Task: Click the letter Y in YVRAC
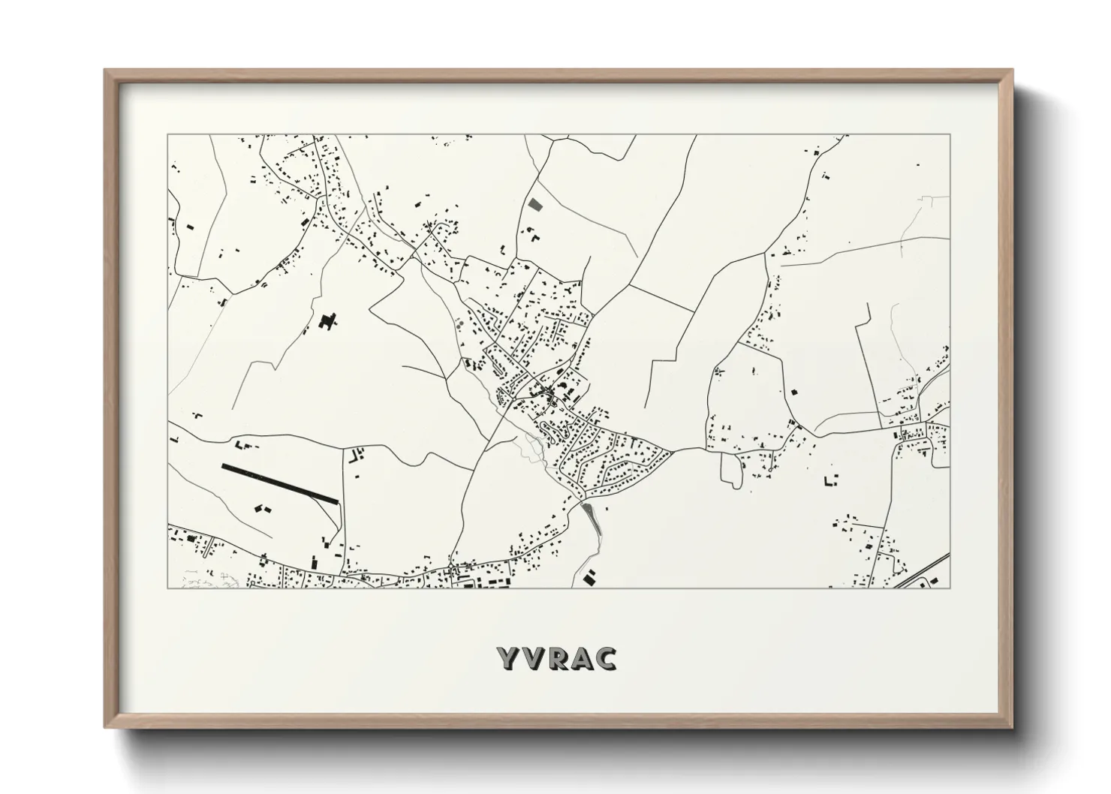coord(507,658)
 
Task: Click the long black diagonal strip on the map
coord(281,484)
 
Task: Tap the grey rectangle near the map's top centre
coord(534,203)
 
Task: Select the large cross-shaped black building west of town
coord(326,322)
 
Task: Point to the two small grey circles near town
coord(459,324)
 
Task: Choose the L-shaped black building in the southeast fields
coord(830,480)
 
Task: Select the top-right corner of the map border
coord(950,135)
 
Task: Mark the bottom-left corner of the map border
coord(168,588)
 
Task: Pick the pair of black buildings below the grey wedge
coord(590,577)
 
